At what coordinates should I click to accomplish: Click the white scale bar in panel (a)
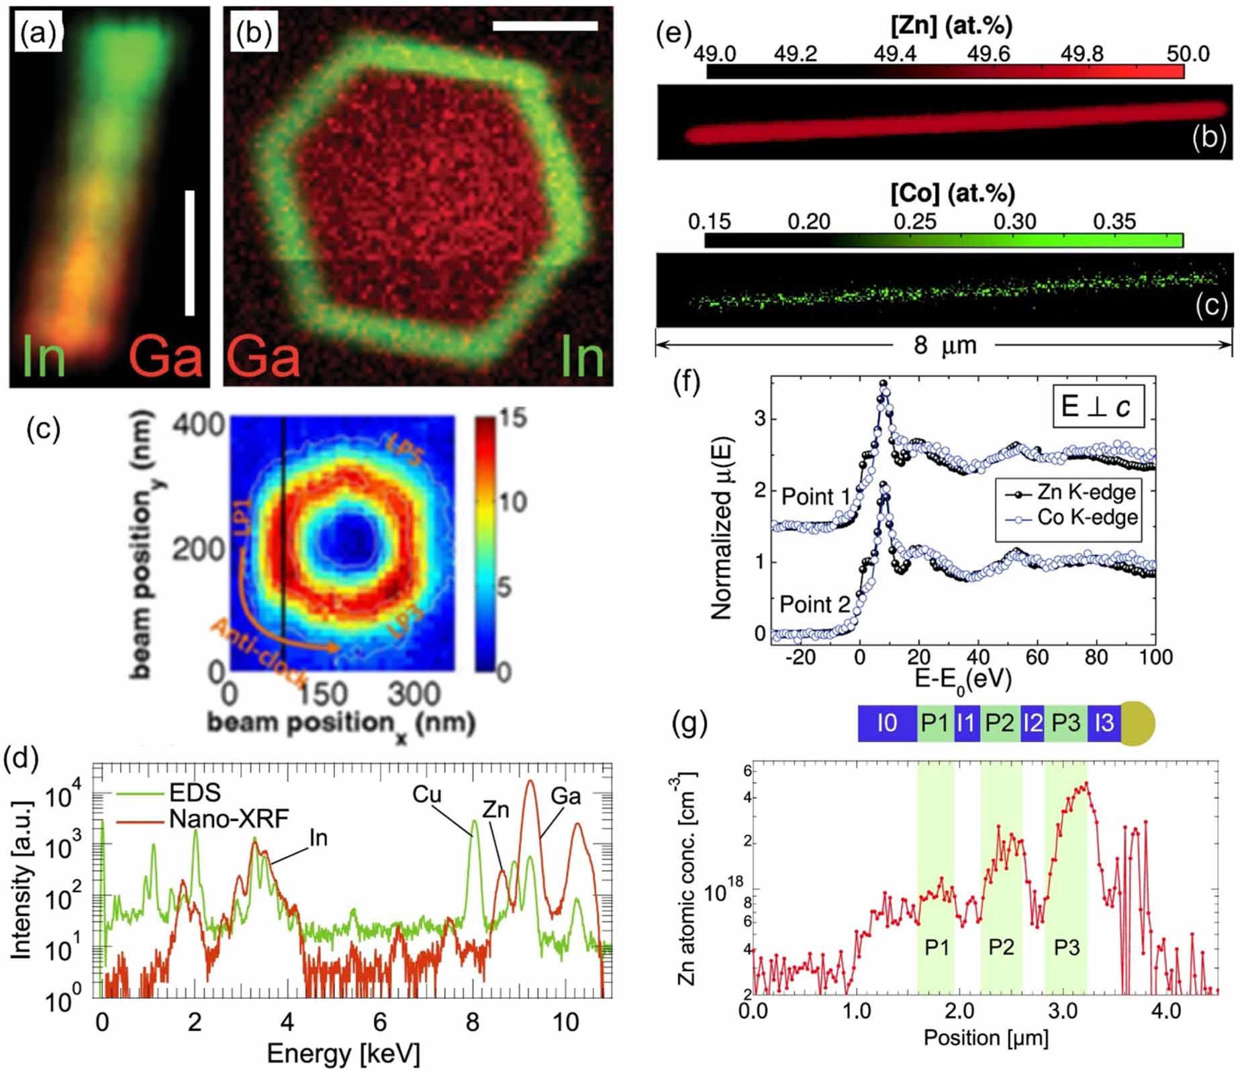[189, 253]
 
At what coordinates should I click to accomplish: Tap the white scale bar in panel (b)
[544, 26]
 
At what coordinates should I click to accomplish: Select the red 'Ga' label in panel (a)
[166, 356]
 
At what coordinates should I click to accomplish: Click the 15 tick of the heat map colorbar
[512, 418]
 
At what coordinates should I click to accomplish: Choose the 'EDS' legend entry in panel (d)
[195, 792]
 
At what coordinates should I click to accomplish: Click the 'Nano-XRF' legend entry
[228, 818]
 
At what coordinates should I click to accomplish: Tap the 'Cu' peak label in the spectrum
[427, 794]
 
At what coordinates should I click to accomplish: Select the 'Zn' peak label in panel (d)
[496, 810]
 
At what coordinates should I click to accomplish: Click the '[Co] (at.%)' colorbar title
[952, 193]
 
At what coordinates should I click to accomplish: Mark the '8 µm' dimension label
[945, 345]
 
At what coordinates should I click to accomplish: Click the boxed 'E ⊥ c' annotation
[1097, 406]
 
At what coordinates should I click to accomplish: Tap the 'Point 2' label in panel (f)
[814, 604]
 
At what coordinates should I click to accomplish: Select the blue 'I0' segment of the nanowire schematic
[887, 723]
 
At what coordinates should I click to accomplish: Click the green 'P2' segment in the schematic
[1000, 723]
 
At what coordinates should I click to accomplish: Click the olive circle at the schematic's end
[1138, 723]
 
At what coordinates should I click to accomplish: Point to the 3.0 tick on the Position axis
[1063, 1011]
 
